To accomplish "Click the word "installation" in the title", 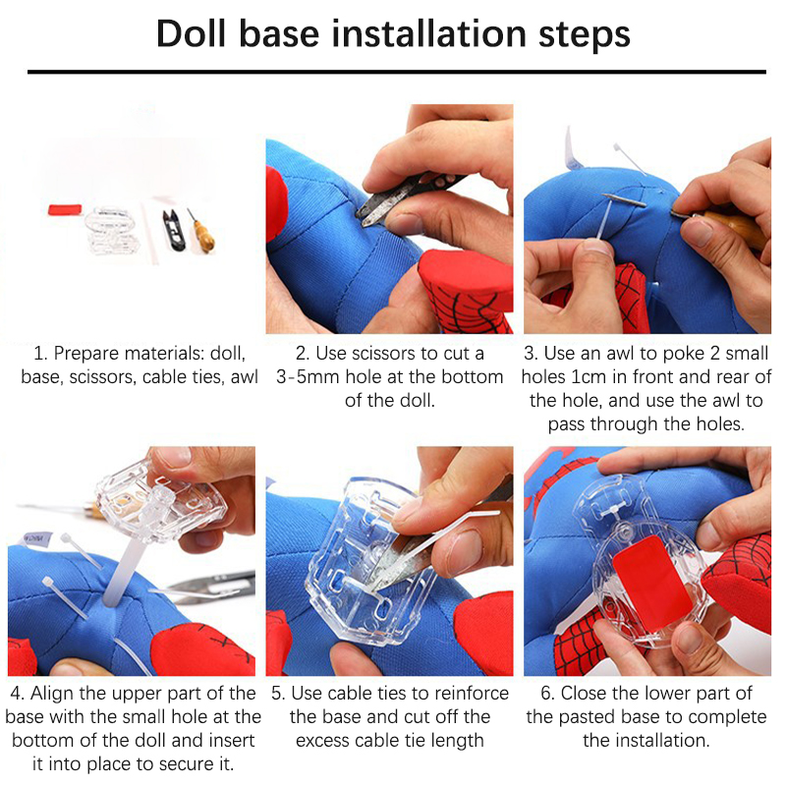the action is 429,34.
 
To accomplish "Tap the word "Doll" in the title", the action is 191,34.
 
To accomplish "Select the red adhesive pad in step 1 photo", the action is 65,209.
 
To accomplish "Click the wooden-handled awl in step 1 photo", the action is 201,232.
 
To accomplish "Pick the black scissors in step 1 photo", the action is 174,230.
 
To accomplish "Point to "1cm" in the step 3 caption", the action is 590,377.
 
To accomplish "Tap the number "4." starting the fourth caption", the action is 18,694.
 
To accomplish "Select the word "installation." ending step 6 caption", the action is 646,741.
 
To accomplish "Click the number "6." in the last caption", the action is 548,694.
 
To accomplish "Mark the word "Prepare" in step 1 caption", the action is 86,354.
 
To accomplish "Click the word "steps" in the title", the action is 585,34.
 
